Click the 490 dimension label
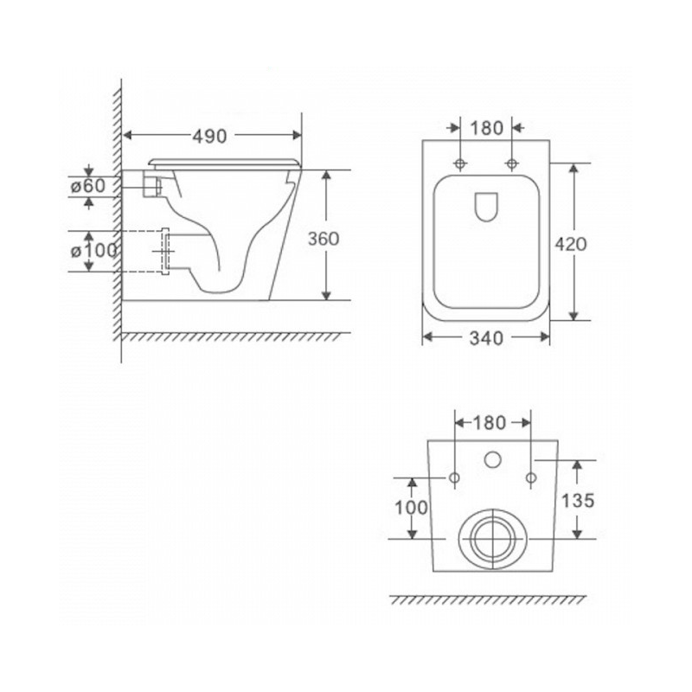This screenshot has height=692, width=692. tap(209, 137)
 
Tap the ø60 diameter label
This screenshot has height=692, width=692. tap(88, 186)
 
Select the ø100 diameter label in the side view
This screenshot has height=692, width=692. tap(94, 251)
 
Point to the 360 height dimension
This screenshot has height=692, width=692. tap(324, 239)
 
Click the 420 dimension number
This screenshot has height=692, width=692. tap(571, 244)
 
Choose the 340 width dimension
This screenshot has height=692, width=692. tap(486, 338)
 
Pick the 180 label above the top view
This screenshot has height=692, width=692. tap(486, 128)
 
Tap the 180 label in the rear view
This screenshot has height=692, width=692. tap(489, 423)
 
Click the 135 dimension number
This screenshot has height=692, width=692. tap(578, 501)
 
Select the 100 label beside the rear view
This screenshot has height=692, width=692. tap(411, 508)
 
